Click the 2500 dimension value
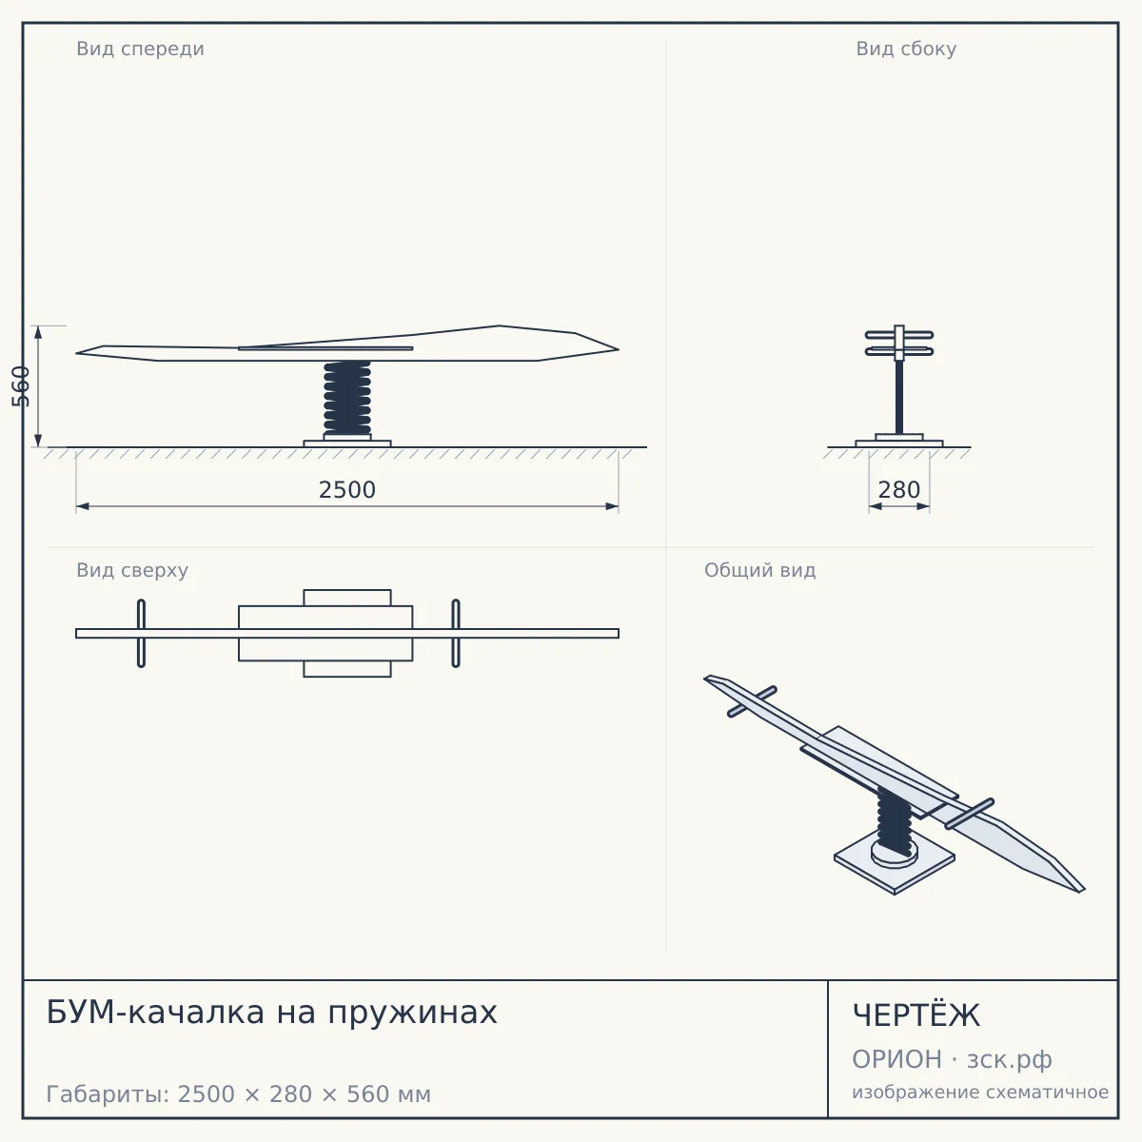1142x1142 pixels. point(347,490)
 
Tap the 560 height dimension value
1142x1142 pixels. point(21,386)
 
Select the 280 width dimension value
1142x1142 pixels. point(899,490)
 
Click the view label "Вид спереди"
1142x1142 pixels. point(141,49)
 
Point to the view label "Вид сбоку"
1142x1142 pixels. point(906,49)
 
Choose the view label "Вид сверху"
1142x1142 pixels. point(132,570)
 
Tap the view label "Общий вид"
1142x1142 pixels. point(759,570)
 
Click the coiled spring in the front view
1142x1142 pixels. point(347,398)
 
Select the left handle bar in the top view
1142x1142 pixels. point(141,634)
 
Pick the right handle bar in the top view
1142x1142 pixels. point(456,634)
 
